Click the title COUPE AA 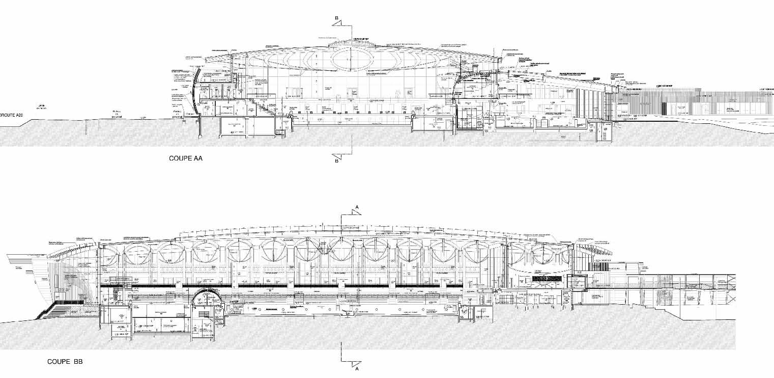(x=186, y=158)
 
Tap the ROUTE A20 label (x=11, y=115)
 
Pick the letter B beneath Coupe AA (x=336, y=161)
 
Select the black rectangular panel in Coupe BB (x=546, y=279)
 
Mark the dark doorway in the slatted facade (x=664, y=108)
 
